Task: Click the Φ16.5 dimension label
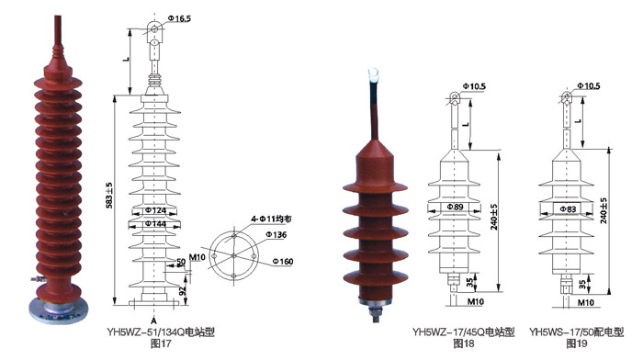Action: pyautogui.click(x=179, y=18)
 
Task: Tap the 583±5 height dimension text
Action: pyautogui.click(x=109, y=196)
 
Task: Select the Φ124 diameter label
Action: pyautogui.click(x=156, y=210)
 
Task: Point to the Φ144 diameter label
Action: pyautogui.click(x=156, y=223)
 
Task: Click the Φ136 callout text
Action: pyautogui.click(x=276, y=234)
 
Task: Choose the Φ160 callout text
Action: pyautogui.click(x=283, y=261)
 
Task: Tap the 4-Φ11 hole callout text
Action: pyautogui.click(x=271, y=219)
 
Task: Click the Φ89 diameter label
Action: pyautogui.click(x=455, y=207)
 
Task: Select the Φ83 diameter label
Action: pyautogui.click(x=568, y=209)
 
